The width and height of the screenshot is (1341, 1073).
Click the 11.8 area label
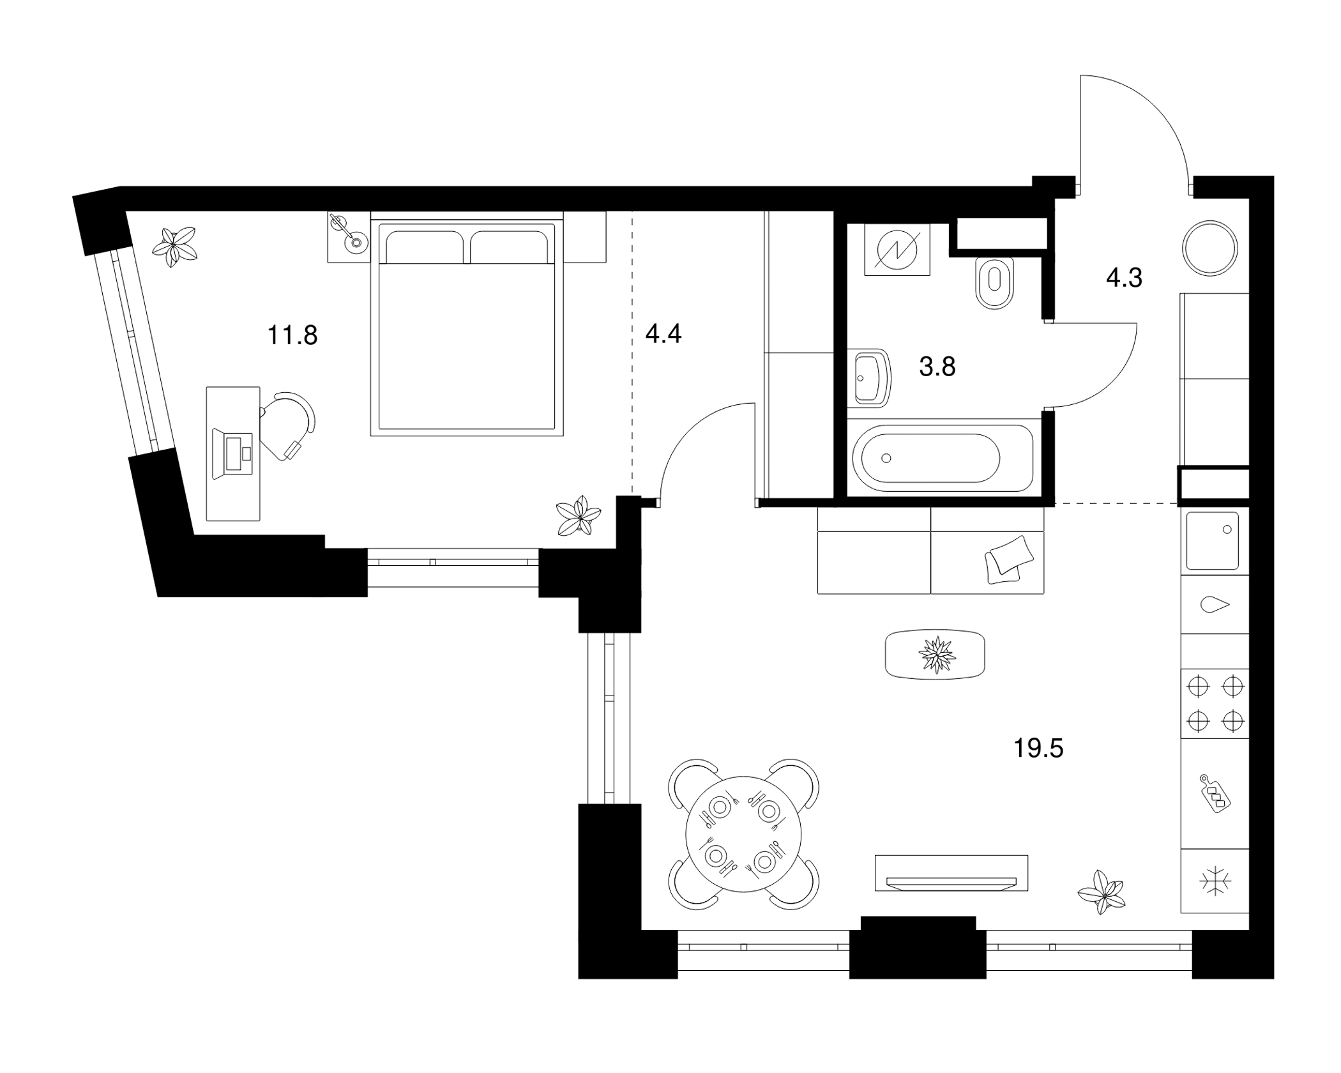point(292,335)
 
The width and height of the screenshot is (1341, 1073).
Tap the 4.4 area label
point(663,333)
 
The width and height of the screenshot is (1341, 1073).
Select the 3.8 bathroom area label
point(937,367)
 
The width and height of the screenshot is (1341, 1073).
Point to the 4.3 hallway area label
point(1124,278)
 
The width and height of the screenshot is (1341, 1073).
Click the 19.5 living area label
point(1038,748)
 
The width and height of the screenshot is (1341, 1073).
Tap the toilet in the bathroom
point(994,282)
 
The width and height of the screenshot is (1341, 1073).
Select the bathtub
point(943,458)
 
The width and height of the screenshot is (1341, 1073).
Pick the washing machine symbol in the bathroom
point(897,250)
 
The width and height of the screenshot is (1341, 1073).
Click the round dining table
point(743,834)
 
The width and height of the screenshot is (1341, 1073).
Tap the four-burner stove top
point(1215,704)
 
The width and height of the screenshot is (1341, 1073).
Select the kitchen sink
point(1212,540)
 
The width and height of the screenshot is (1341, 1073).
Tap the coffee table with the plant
point(935,654)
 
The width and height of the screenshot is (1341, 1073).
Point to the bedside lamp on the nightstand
point(348,234)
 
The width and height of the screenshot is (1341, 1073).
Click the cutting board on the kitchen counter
point(1215,793)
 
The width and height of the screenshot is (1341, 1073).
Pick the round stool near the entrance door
point(1210,248)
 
